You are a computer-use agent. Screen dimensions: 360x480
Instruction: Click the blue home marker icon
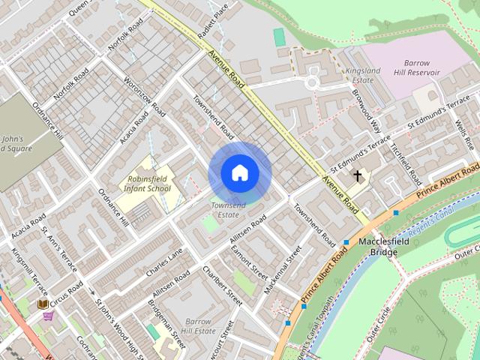coord(239,173)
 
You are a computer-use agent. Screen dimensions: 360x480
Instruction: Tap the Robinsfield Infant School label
coord(149,184)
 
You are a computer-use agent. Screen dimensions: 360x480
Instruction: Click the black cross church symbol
coord(357,177)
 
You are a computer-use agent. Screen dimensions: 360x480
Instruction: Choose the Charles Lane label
coord(164,262)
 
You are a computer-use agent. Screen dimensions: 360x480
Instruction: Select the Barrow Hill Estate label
coord(197,325)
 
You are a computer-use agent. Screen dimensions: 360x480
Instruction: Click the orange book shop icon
coord(43,303)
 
